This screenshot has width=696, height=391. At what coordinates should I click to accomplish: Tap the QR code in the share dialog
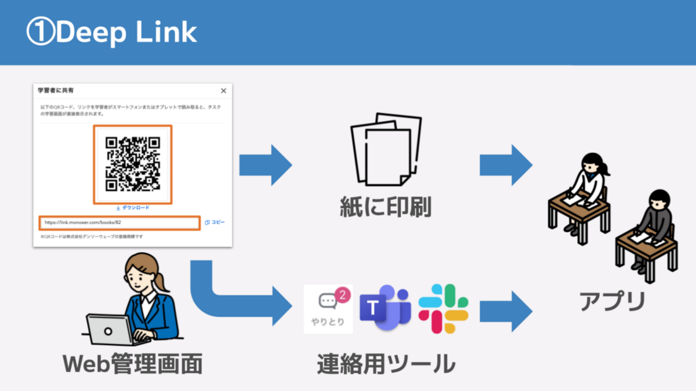(132, 164)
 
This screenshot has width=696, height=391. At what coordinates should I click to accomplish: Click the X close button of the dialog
(224, 91)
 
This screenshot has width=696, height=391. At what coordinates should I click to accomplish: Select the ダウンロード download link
(132, 207)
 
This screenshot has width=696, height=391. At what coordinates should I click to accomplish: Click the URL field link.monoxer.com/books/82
(119, 222)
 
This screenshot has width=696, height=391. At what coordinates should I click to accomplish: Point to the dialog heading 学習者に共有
(56, 91)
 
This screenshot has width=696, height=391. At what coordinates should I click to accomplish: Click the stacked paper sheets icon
(385, 149)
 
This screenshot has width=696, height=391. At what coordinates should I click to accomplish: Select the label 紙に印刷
(385, 207)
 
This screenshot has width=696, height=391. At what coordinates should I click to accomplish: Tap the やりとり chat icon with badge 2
(328, 309)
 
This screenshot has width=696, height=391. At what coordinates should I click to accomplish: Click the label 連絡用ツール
(386, 364)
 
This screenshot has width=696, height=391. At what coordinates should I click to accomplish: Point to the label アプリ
(612, 301)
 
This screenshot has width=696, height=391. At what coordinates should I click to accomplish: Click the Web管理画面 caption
(132, 364)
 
